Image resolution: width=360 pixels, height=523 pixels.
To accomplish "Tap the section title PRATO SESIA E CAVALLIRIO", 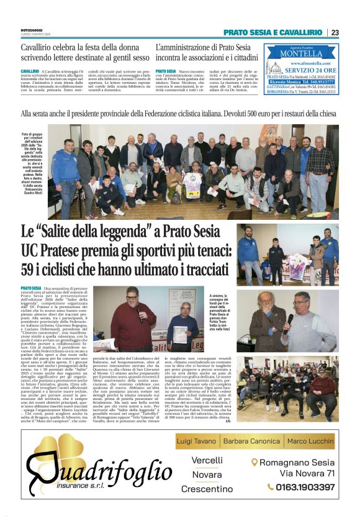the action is click(x=272, y=32).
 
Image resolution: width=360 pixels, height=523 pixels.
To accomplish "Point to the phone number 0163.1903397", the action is click(x=305, y=487).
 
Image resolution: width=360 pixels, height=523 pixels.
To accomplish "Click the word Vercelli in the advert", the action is click(x=207, y=460).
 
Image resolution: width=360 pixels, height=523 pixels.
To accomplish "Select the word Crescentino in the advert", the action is click(x=207, y=489).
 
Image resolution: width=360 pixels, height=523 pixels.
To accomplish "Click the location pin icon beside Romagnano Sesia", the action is click(x=254, y=462).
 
